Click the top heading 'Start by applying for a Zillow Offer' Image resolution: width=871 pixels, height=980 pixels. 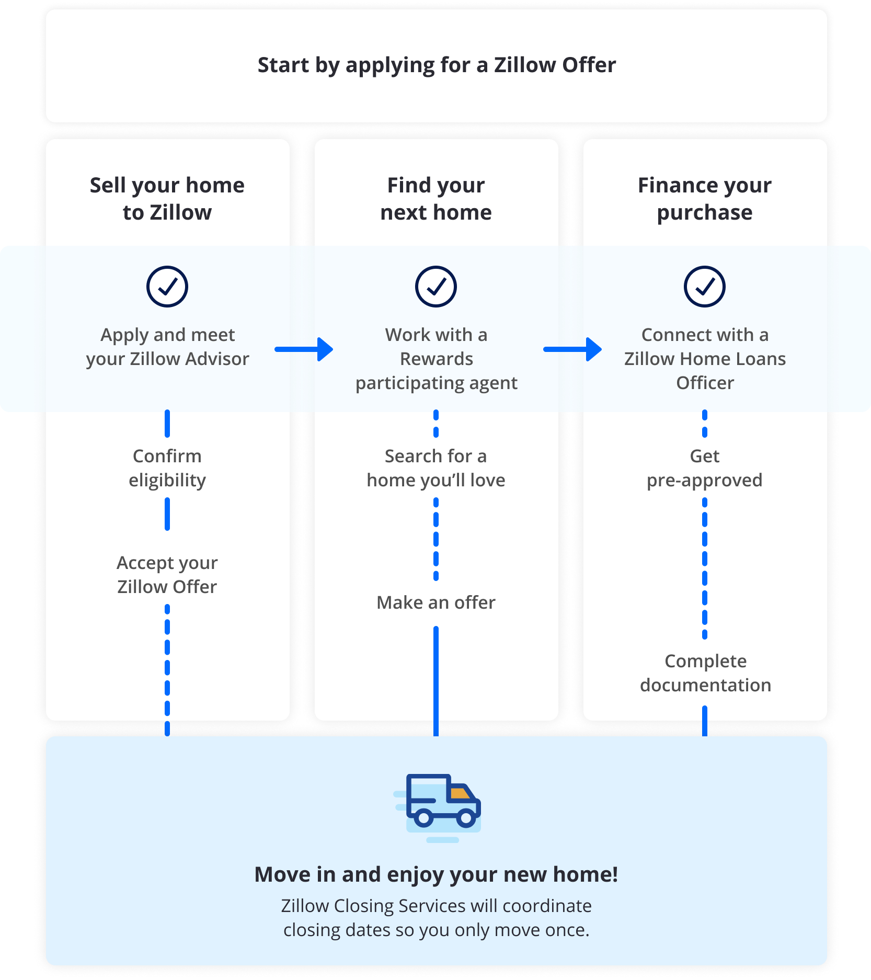[436, 65]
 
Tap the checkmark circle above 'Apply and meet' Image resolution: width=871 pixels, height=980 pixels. [167, 287]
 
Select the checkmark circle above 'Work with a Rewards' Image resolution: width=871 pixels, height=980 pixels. [436, 287]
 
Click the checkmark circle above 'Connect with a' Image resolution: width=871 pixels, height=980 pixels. [705, 287]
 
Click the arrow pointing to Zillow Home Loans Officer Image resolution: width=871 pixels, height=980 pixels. [573, 349]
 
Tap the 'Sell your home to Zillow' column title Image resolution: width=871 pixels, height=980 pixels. [167, 199]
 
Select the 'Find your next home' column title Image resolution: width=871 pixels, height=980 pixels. [436, 199]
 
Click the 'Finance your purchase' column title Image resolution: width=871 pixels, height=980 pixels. [705, 199]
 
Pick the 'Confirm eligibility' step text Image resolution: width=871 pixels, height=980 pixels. [167, 468]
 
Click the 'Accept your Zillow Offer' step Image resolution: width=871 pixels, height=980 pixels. [167, 575]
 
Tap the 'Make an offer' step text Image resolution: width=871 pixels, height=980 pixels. [436, 602]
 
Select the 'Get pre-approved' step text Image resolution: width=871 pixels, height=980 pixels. [705, 468]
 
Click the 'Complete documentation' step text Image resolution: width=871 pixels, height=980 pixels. [705, 673]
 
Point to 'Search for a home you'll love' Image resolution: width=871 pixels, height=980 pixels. [436, 468]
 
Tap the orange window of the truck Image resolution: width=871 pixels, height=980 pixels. [460, 793]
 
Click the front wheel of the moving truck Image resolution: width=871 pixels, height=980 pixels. [466, 818]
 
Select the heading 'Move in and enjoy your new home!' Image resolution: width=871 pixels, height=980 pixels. [436, 874]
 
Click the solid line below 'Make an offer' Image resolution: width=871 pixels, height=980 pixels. [436, 680]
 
